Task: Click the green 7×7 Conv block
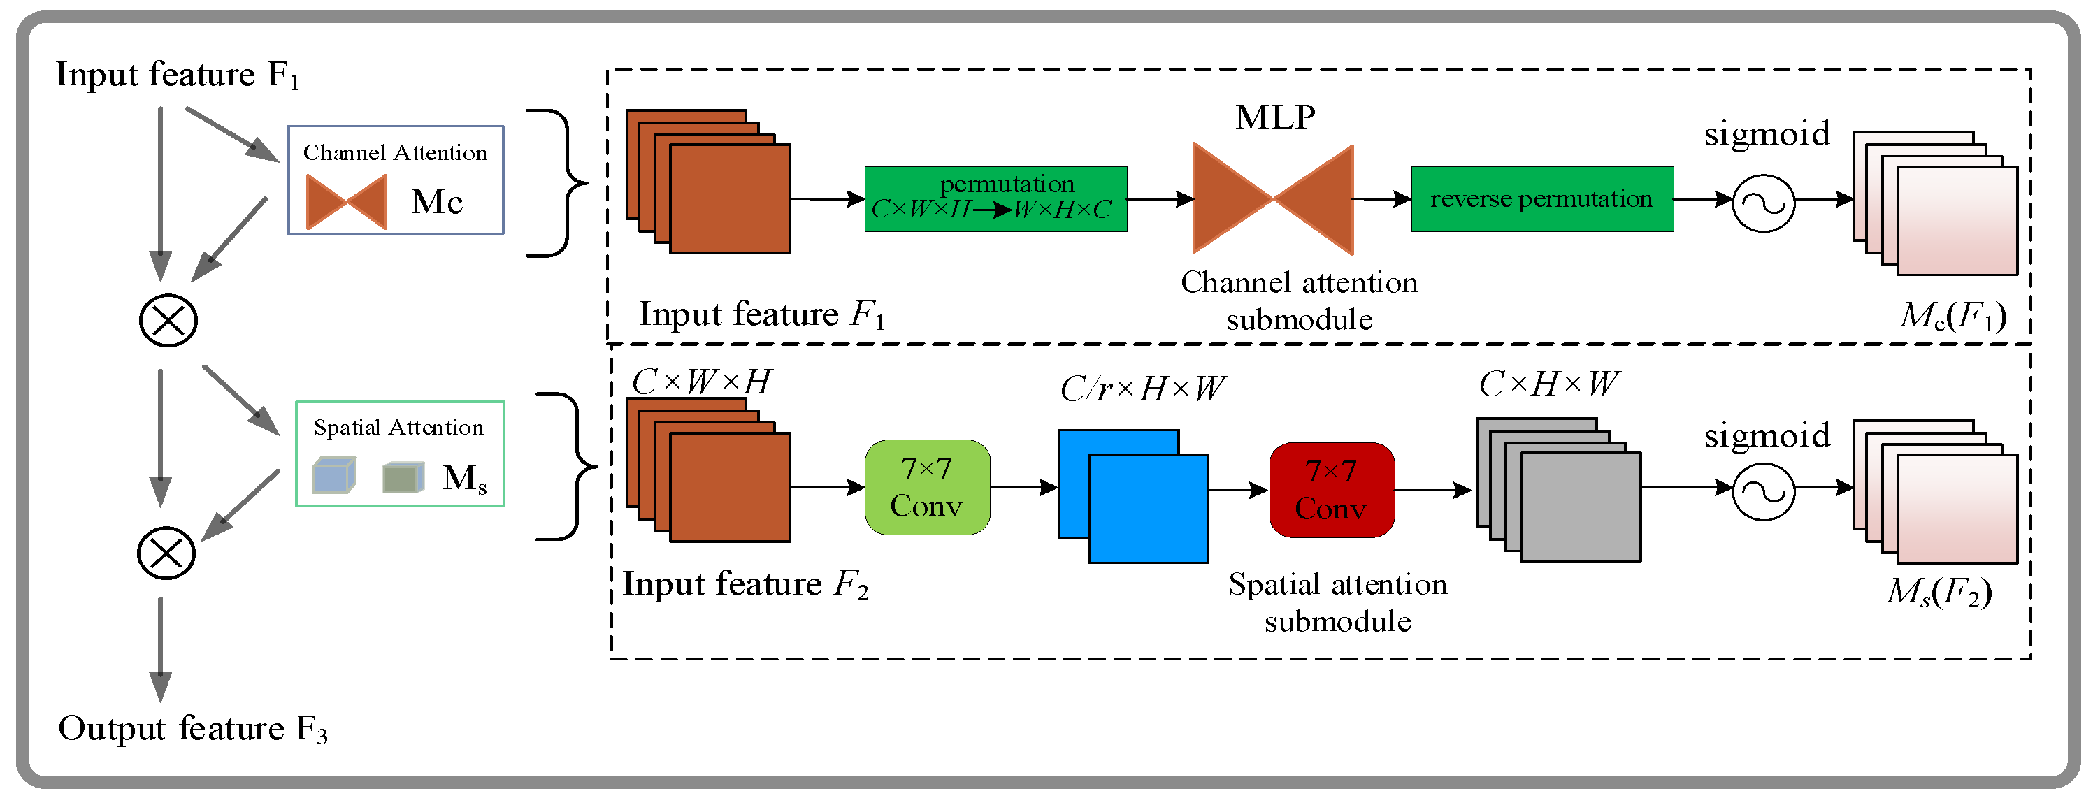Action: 927,487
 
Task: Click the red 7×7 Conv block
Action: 1332,490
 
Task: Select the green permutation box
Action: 995,199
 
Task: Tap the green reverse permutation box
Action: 1541,199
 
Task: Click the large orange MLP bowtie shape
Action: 1272,199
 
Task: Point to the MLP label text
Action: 1275,118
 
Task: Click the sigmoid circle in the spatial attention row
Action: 1763,491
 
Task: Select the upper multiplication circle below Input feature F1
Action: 168,321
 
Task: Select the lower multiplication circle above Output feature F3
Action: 166,553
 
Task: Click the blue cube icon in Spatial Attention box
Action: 334,476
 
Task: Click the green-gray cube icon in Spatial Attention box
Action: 403,478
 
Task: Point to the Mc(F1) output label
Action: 1952,316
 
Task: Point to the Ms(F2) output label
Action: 1939,592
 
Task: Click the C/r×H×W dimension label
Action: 1142,389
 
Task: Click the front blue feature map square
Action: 1147,509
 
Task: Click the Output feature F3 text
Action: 192,729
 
